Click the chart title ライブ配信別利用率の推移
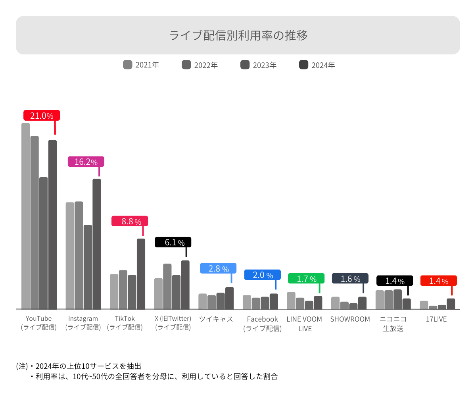[x=238, y=35]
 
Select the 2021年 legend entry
[x=141, y=65]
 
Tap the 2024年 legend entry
[x=317, y=65]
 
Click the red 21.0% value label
[x=42, y=116]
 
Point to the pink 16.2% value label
[x=86, y=162]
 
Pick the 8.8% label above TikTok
[x=130, y=221]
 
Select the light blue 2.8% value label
[x=218, y=268]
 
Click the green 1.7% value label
[x=306, y=278]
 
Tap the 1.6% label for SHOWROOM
[x=350, y=278]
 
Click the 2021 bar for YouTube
[x=26, y=216]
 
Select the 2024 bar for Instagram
[x=97, y=244]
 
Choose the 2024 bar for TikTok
[x=141, y=274]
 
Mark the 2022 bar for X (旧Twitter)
[x=167, y=286]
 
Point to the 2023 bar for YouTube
[x=44, y=243]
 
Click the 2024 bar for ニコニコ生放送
[x=407, y=304]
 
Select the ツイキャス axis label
[x=216, y=319]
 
